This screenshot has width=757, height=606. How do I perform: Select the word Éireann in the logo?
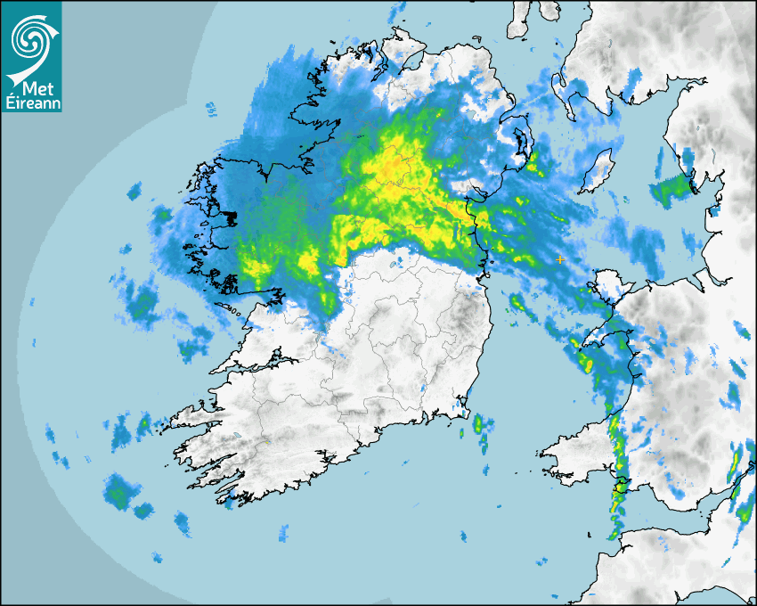(31, 104)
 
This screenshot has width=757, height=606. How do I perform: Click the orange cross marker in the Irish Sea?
(559, 258)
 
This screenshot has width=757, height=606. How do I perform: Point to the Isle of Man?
(599, 169)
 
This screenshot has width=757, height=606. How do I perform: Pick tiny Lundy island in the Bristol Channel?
(590, 533)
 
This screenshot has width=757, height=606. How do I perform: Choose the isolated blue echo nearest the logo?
(211, 110)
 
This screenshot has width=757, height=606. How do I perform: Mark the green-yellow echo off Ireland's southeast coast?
(481, 424)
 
